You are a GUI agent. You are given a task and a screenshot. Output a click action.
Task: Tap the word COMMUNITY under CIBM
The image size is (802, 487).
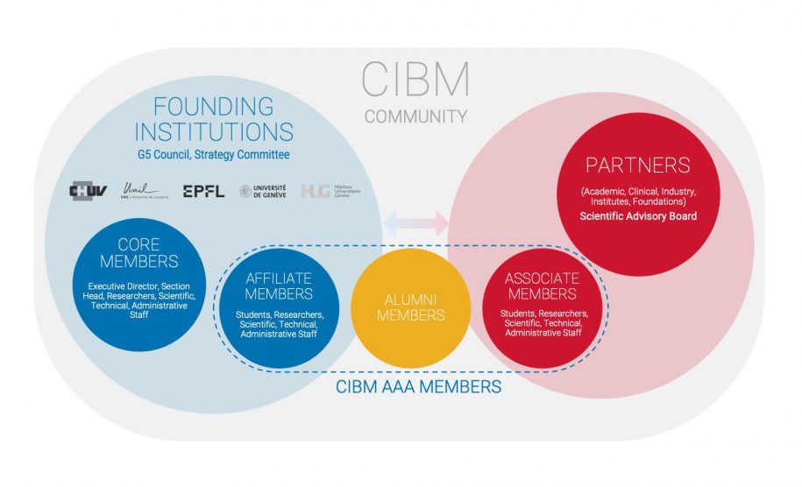pyautogui.click(x=415, y=116)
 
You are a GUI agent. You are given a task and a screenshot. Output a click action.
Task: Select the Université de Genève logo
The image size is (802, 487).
pyautogui.click(x=263, y=191)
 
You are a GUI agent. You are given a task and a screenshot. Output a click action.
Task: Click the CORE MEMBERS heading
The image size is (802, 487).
pyautogui.click(x=138, y=252)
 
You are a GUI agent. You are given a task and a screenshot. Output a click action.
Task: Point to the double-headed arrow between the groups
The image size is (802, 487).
pyautogui.click(x=416, y=222)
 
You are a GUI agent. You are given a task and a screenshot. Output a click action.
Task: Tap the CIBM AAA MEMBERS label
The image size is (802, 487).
pyautogui.click(x=416, y=385)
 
